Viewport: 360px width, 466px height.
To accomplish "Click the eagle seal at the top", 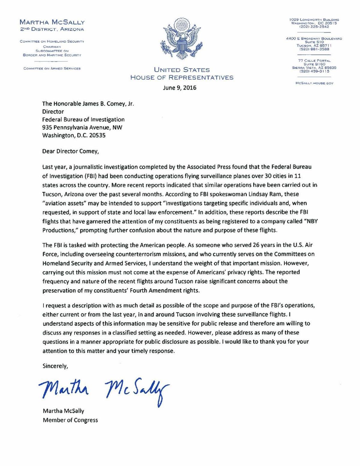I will pos(182,40).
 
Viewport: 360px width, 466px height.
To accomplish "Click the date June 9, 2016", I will pos(180,88).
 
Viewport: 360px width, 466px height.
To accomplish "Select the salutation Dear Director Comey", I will pos(70,151).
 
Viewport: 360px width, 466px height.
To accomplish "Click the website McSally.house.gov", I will pos(314,83).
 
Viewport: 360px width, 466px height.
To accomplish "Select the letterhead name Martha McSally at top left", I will pos(52,22).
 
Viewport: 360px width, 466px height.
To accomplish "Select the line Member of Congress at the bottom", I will pos(70,420).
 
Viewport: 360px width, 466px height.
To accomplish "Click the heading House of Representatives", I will pos(182,77).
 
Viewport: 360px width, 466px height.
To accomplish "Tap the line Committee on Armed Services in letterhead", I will pos(52,68).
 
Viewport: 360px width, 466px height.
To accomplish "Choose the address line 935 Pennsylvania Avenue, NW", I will pos(82,127).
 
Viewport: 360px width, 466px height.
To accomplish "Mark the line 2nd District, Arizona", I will pos(52,29).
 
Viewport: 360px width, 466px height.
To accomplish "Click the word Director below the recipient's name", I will pos(53,112).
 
